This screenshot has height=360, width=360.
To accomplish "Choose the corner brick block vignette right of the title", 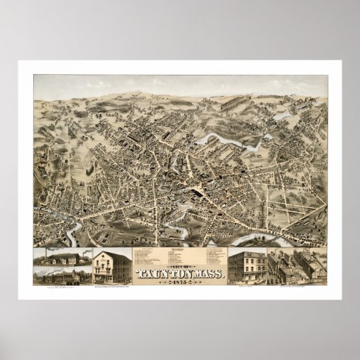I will pos(247,267).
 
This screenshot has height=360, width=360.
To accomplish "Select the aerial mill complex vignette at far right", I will pos(296,267).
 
